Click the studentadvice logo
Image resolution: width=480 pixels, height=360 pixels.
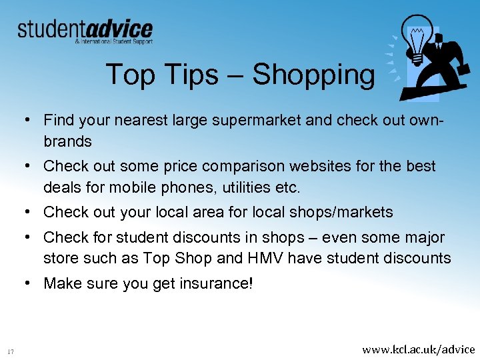85,31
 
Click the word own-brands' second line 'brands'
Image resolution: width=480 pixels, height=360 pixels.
67,141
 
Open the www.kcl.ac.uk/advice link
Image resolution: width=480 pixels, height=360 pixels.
419,349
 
